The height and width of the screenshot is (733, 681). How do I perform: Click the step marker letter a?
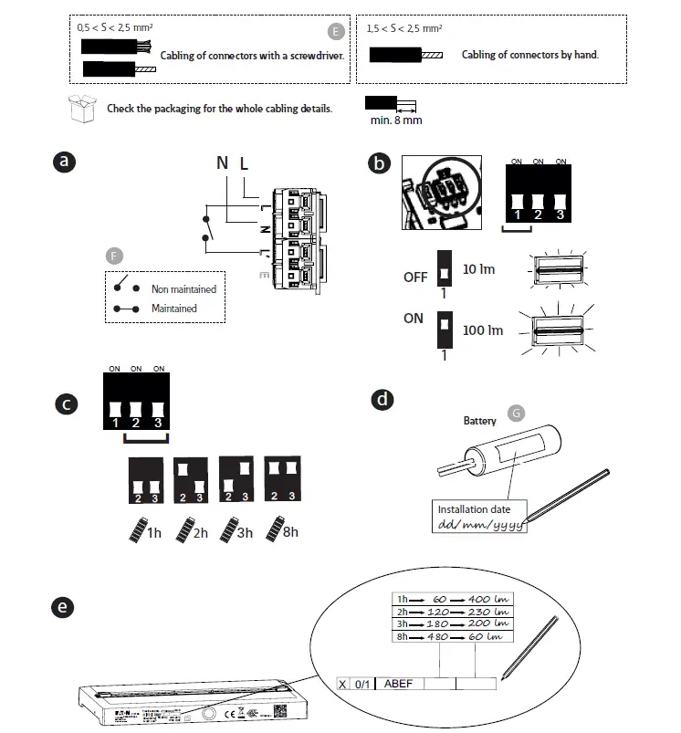[63, 162]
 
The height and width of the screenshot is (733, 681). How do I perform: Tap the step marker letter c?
[63, 403]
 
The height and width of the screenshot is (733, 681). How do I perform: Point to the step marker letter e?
[63, 607]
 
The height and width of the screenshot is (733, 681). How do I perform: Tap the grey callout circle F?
[114, 255]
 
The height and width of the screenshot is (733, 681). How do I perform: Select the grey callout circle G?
[518, 413]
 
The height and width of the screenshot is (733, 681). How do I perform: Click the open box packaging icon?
[83, 108]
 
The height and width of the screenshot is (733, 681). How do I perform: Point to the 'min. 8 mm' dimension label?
[394, 120]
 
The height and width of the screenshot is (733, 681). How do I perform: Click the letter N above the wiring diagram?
[222, 163]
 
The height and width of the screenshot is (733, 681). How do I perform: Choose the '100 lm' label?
[482, 330]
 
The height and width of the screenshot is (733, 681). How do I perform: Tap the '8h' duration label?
[289, 531]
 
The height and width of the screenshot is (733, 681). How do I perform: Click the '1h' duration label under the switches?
[154, 533]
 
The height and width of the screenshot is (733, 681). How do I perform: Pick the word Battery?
[480, 421]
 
